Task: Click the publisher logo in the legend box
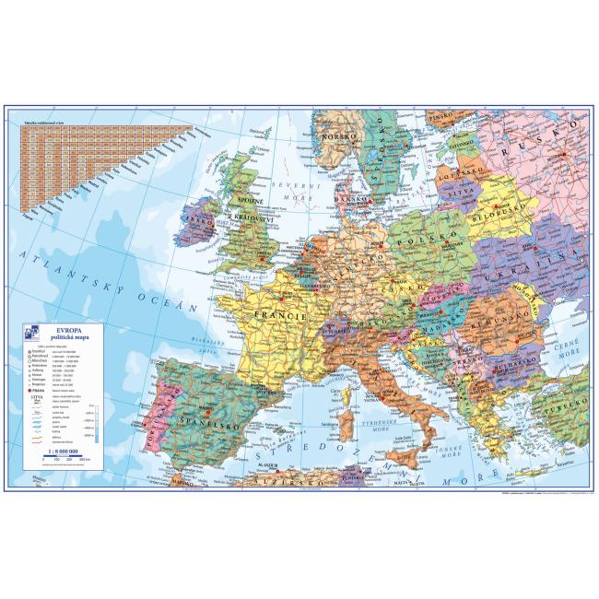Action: point(34,335)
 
